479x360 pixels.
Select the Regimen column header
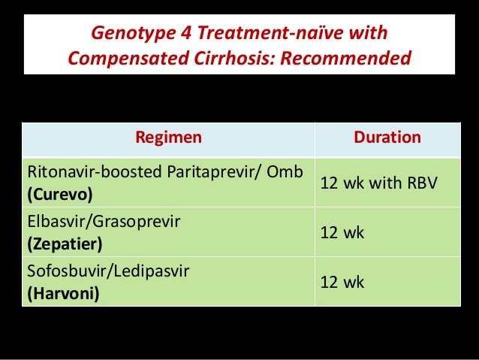click(167, 138)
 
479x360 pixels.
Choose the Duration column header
click(387, 138)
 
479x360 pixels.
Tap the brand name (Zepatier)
click(64, 244)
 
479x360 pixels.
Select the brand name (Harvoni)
click(62, 294)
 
